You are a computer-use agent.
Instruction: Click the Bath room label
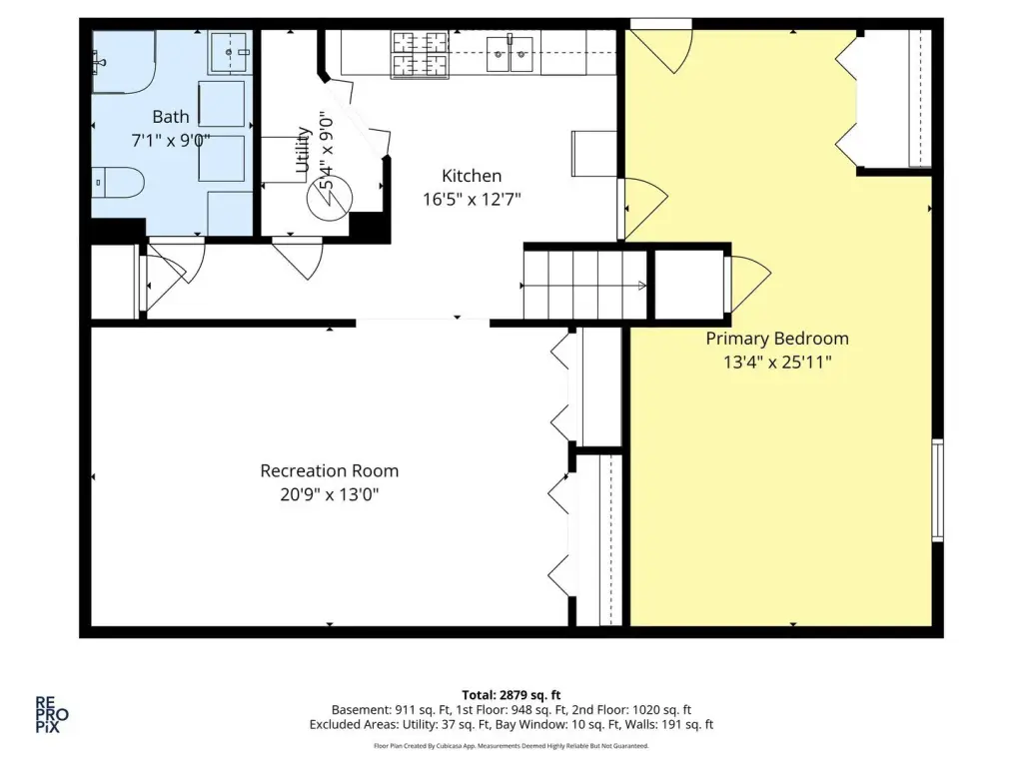coord(171,117)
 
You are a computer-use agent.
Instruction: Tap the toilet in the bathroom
coord(118,183)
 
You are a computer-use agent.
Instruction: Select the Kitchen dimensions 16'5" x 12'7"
coord(472,199)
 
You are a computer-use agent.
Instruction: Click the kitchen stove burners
coord(420,55)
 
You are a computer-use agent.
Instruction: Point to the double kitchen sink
coord(510,54)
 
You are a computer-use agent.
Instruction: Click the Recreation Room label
coord(330,471)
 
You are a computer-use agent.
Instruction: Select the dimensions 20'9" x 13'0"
coord(330,494)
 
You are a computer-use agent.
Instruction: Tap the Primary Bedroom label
coord(777,340)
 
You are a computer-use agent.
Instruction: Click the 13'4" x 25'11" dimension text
coord(777,362)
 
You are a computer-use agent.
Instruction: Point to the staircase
coord(585,285)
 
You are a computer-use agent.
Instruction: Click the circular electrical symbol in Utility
coord(330,197)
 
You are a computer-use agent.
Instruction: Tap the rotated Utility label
coord(302,150)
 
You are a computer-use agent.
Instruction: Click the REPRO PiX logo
coord(52,715)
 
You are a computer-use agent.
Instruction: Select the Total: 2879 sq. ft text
coord(511,695)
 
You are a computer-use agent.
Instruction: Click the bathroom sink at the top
coord(230,52)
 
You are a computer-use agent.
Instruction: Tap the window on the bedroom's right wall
coord(937,490)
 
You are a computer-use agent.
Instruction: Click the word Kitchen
coord(472,176)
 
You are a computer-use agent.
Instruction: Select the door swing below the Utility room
coord(298,259)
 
